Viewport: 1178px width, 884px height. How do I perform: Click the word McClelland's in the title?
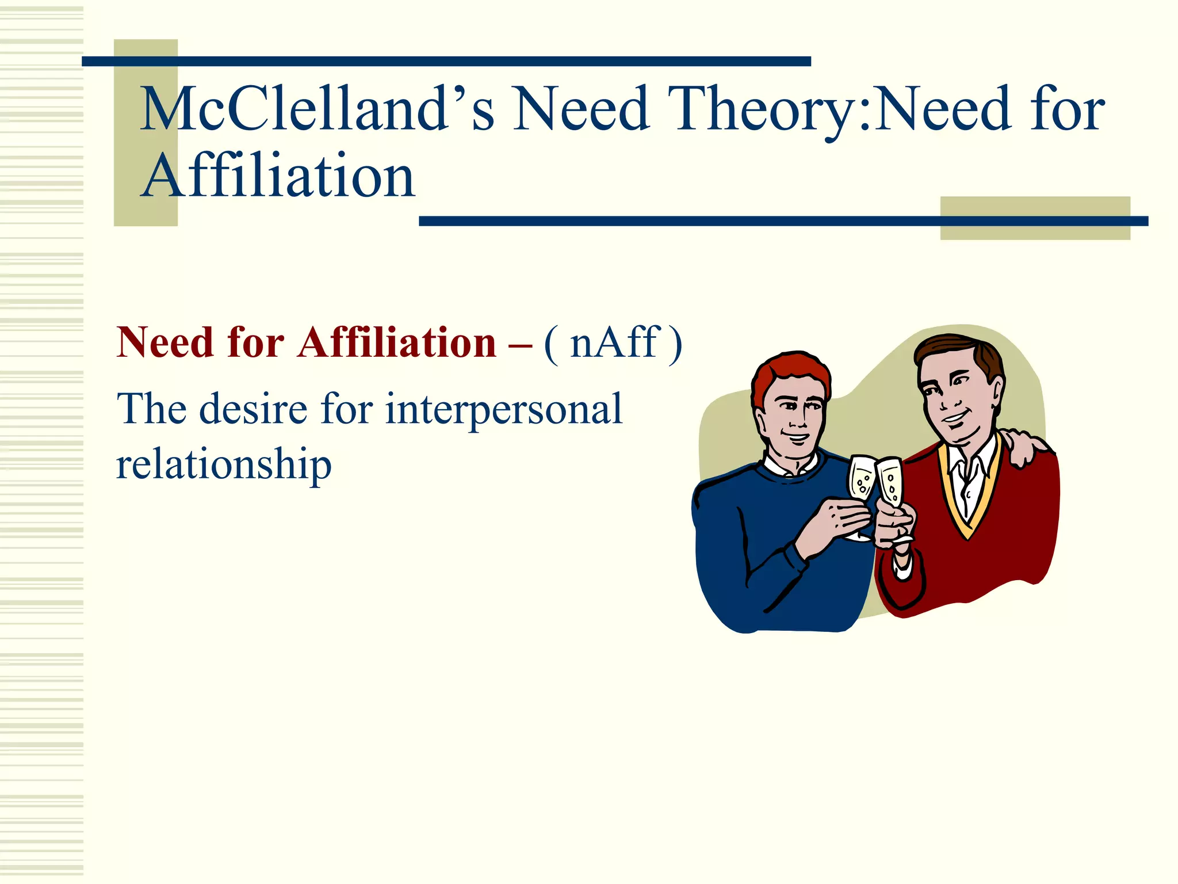pyautogui.click(x=316, y=108)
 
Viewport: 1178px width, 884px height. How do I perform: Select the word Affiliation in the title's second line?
pyautogui.click(x=278, y=176)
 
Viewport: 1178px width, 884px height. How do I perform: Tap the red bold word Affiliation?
pyautogui.click(x=396, y=343)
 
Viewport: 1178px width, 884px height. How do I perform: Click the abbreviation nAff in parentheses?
pyautogui.click(x=613, y=343)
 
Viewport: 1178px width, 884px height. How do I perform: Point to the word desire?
pyautogui.click(x=253, y=409)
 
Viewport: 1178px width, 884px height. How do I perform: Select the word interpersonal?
pyautogui.click(x=503, y=409)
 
